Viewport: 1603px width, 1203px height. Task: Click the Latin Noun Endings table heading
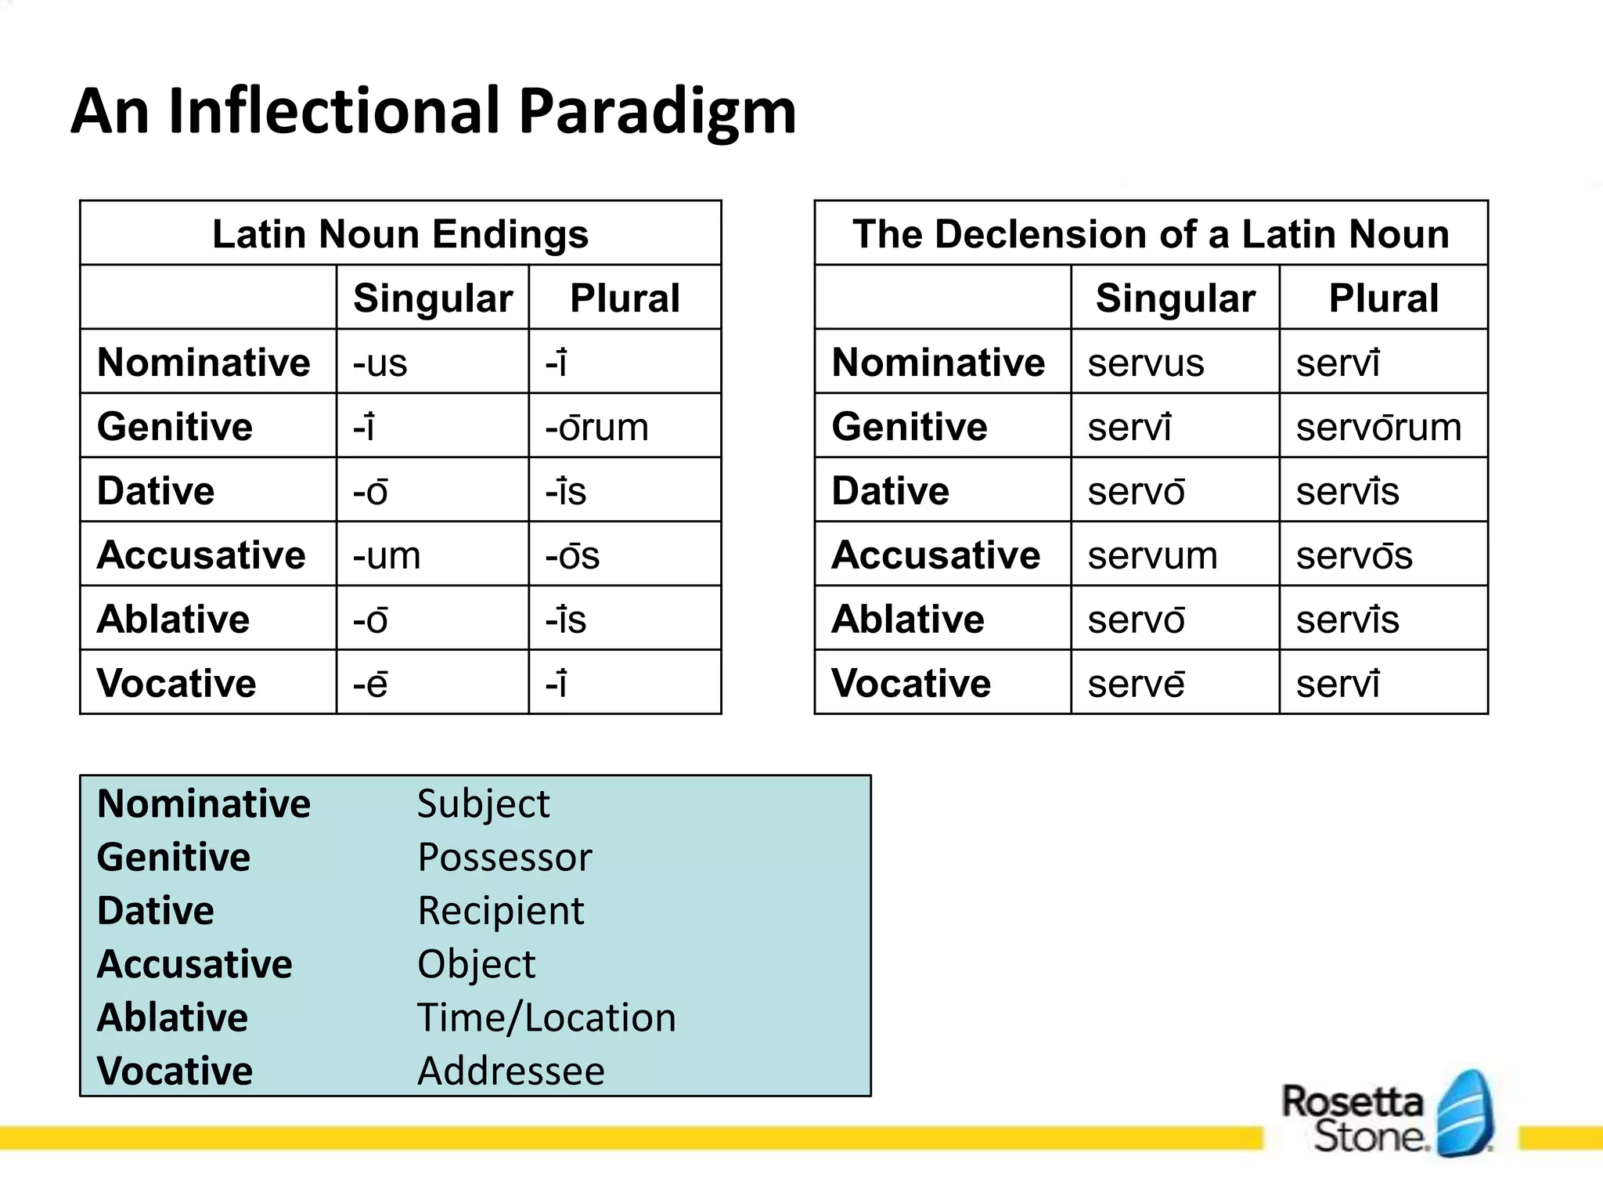point(400,233)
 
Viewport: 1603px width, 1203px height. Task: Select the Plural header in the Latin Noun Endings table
point(625,298)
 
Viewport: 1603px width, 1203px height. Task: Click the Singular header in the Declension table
point(1175,298)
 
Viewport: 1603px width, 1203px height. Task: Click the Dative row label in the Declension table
point(890,491)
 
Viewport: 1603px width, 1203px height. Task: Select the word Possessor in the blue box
point(505,857)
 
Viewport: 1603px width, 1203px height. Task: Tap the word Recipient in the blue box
point(501,910)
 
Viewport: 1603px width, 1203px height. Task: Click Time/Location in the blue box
point(546,1017)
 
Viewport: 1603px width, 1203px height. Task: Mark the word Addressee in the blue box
point(511,1071)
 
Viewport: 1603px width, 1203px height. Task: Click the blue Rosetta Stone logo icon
point(1466,1112)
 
